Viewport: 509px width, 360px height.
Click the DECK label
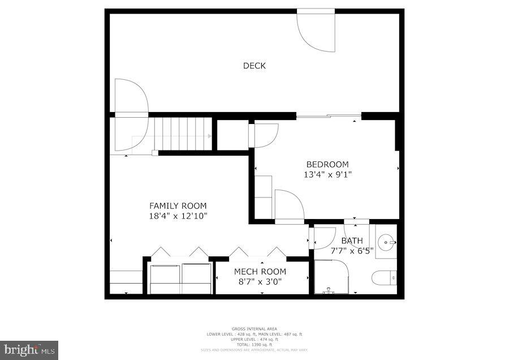[254, 66]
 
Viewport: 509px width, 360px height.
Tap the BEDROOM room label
[327, 165]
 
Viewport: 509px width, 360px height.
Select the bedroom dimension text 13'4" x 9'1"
[327, 175]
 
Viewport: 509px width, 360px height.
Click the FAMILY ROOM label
[178, 206]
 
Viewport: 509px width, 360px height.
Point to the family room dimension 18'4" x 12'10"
[178, 216]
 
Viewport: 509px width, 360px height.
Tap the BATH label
[352, 241]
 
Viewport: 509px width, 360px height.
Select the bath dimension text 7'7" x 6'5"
[352, 251]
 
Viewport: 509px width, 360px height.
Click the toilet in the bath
[385, 278]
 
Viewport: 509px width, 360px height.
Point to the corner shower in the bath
[331, 277]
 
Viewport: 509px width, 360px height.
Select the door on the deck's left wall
[131, 97]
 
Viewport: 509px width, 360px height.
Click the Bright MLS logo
[29, 350]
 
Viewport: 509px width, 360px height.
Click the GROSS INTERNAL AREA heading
[254, 329]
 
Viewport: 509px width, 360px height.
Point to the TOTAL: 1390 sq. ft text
[254, 344]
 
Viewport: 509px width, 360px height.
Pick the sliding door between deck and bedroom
[329, 116]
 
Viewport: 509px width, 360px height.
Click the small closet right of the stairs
[232, 135]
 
